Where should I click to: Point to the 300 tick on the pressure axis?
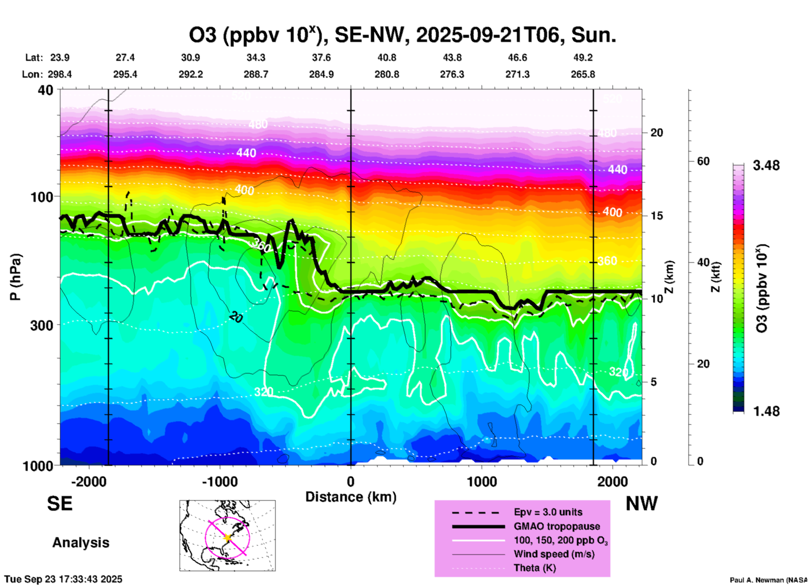click(x=42, y=325)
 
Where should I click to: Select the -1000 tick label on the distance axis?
click(x=219, y=482)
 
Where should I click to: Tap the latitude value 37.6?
click(x=321, y=57)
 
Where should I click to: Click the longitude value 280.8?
click(x=386, y=74)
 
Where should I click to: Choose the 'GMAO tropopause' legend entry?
click(x=556, y=526)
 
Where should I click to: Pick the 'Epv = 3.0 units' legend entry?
click(x=547, y=512)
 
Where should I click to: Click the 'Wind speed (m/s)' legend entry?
click(x=554, y=554)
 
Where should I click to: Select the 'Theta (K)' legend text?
click(x=534, y=568)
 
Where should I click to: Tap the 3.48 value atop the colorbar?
click(x=766, y=166)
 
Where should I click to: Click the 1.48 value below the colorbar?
click(x=766, y=411)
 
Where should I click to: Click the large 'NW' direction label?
click(x=641, y=504)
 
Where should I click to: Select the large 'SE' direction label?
click(x=60, y=504)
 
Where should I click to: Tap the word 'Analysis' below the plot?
click(x=81, y=543)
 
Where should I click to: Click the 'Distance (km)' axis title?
click(x=351, y=497)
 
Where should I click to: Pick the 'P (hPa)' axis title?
click(x=16, y=277)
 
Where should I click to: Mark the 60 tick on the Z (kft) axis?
click(x=703, y=161)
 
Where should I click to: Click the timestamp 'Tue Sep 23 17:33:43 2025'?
click(x=63, y=580)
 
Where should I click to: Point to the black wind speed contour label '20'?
click(x=236, y=318)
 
